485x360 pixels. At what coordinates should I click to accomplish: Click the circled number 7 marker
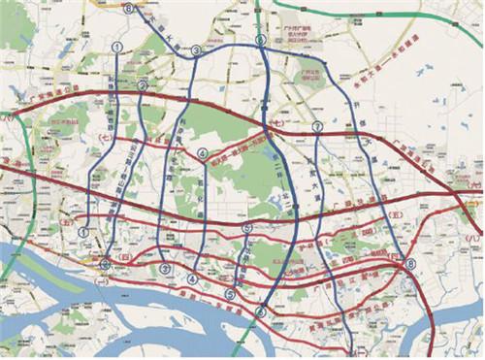[x=317, y=127]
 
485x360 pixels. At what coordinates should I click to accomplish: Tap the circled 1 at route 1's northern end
[x=117, y=46]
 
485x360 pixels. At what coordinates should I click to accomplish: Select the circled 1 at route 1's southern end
[x=84, y=232]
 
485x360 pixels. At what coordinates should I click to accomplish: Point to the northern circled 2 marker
[x=142, y=85]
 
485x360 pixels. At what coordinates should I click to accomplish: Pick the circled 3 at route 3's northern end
[x=196, y=50]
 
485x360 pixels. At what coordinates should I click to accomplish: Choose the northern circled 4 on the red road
[x=203, y=153]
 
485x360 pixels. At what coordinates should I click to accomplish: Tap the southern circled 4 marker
[x=193, y=279]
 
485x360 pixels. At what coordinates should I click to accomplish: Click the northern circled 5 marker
[x=246, y=229]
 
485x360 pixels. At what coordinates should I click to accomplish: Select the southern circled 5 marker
[x=230, y=294]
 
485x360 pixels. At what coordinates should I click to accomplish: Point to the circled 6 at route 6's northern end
[x=260, y=40]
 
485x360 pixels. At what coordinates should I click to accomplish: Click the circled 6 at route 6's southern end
[x=260, y=311]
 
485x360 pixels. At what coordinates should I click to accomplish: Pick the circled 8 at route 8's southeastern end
[x=409, y=264]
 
